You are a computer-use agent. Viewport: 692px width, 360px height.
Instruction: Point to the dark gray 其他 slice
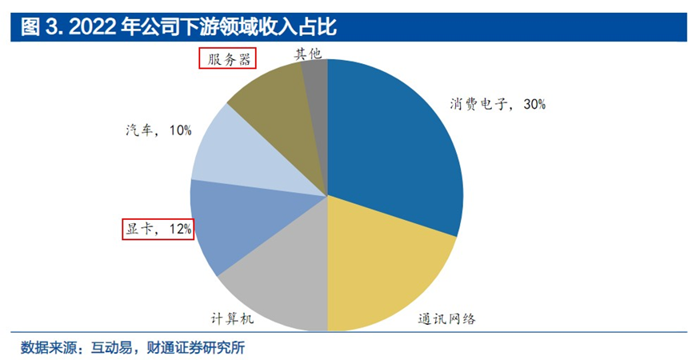317,76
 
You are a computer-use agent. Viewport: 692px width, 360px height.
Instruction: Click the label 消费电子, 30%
496,104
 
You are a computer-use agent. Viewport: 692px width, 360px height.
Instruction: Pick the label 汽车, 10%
158,130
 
